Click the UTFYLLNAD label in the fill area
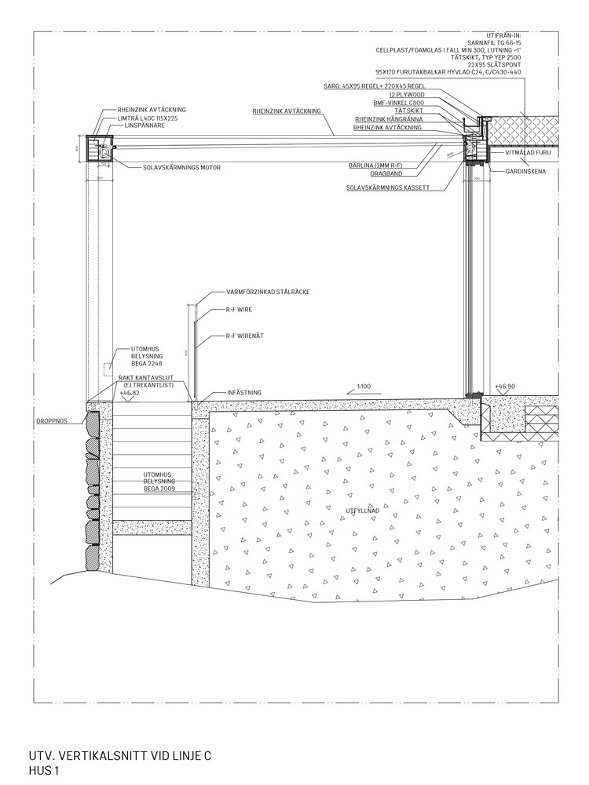click(363, 511)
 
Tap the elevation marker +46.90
click(505, 387)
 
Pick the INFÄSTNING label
click(243, 392)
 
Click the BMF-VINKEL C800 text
click(398, 103)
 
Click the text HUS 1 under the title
click(44, 772)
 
